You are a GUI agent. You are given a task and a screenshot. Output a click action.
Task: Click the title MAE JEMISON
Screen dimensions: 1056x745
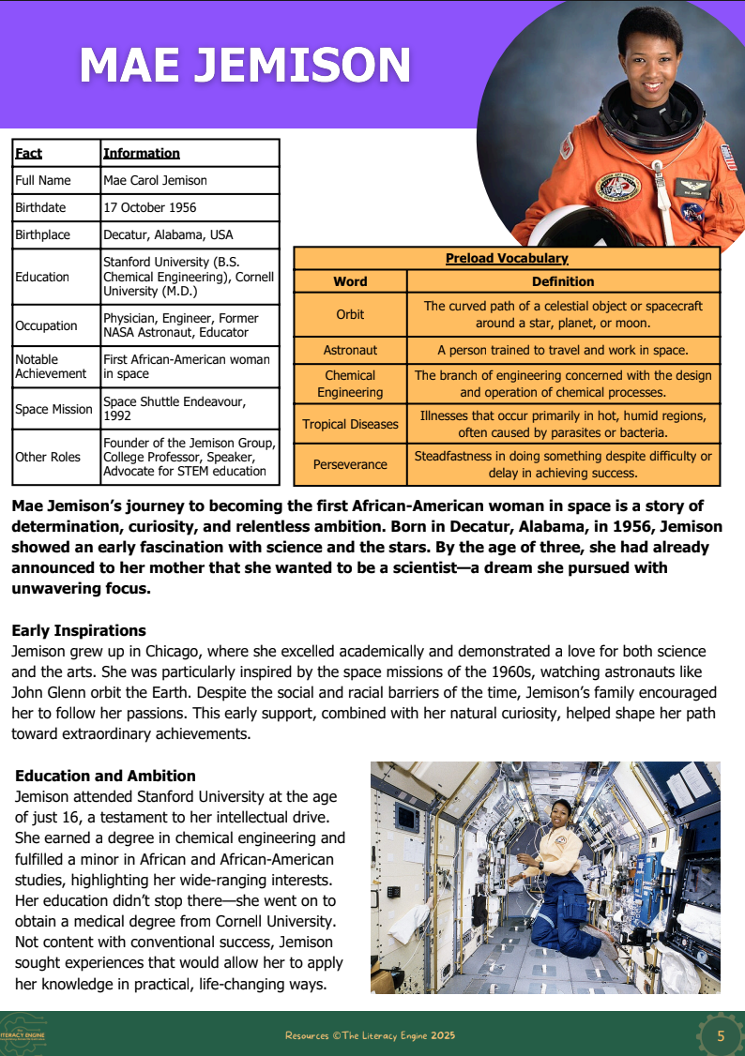245,66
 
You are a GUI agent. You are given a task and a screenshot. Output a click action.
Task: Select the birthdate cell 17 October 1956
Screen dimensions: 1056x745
150,207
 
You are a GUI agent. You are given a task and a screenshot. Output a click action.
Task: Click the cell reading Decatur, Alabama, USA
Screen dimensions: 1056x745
168,234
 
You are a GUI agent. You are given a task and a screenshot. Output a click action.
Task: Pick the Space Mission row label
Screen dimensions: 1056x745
53,409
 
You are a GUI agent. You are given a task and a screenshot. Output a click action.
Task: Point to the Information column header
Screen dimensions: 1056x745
142,153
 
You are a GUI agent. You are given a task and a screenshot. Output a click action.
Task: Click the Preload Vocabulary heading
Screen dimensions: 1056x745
507,259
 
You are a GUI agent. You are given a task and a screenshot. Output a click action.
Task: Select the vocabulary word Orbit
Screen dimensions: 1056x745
350,314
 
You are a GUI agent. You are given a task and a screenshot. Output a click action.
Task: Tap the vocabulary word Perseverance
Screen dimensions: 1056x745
350,464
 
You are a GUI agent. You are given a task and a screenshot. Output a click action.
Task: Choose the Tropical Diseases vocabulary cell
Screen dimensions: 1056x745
350,424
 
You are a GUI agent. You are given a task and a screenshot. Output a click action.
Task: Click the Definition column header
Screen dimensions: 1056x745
563,281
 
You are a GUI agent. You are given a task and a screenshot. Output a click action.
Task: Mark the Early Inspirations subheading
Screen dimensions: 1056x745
79,630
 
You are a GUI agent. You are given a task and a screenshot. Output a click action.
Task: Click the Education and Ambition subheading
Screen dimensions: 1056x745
105,776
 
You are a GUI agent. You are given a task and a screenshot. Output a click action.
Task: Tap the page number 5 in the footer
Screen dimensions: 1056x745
721,1035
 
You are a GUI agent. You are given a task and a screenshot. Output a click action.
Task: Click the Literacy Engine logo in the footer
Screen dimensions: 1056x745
23,1035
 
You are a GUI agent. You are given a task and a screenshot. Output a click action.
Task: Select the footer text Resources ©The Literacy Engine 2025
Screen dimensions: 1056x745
370,1035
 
